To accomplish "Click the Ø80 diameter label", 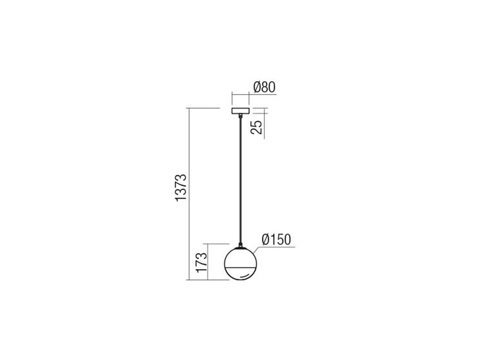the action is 264,87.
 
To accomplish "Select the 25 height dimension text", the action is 257,127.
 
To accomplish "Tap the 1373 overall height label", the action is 181,187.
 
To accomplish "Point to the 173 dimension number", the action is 202,262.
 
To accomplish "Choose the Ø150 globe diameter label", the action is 276,240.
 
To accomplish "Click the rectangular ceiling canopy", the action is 240,111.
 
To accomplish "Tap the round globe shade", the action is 240,264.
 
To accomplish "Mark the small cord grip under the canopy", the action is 241,116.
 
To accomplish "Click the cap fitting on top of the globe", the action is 241,245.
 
